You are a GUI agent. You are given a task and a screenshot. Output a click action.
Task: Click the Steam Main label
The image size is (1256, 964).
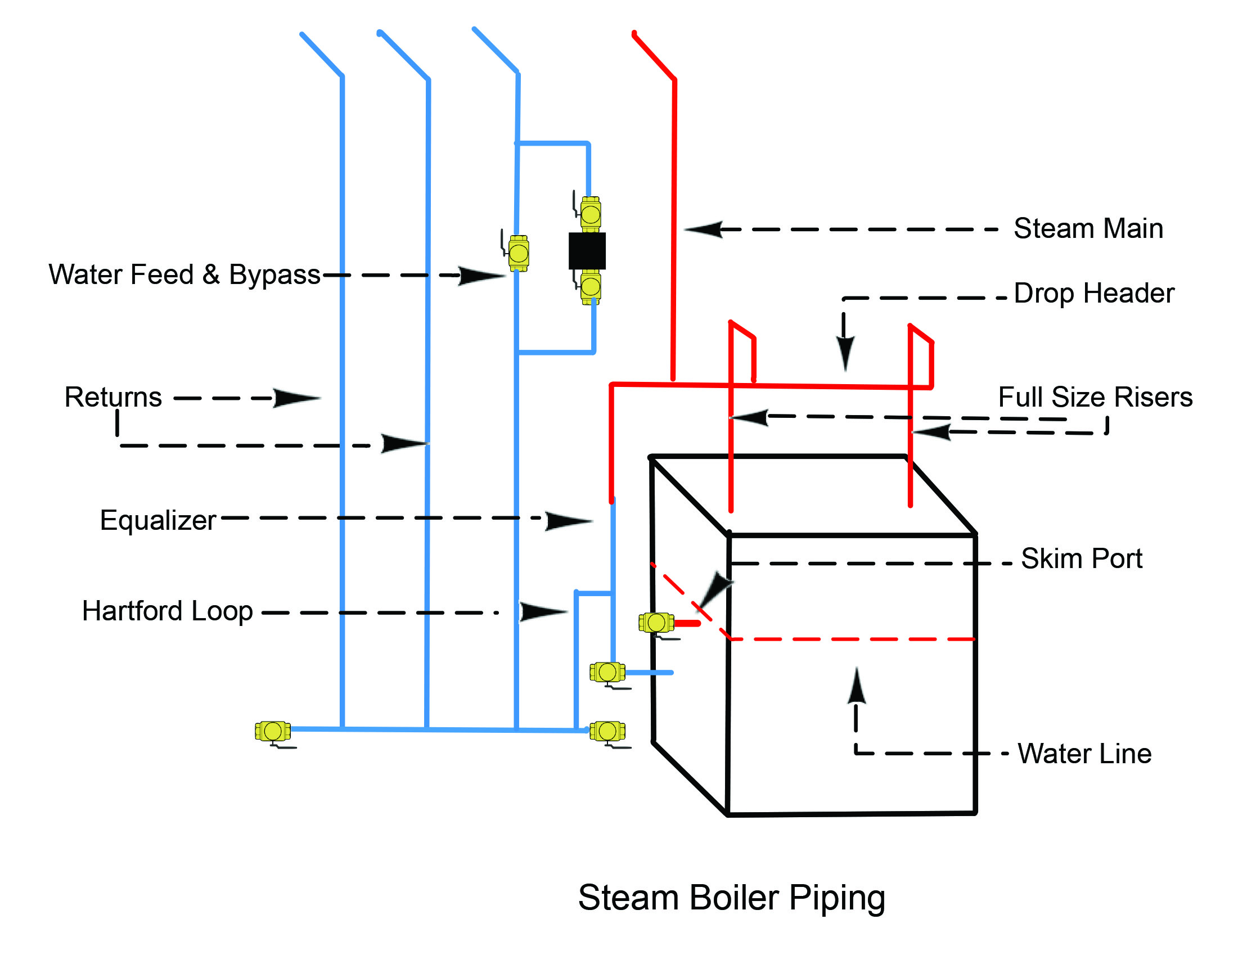coord(1087,228)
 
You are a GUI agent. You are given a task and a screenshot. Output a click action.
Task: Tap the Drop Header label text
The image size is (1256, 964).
coord(1093,293)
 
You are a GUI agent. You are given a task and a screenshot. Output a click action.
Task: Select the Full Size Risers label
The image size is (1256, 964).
coord(1095,397)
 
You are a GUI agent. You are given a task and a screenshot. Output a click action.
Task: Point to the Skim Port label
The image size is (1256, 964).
coord(1081,558)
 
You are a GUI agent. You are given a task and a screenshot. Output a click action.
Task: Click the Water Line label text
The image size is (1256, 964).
coord(1084,754)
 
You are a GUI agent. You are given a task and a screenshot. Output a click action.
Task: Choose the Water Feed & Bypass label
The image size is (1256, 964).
coord(184,274)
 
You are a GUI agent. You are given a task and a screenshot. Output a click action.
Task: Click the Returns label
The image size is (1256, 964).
coord(113,397)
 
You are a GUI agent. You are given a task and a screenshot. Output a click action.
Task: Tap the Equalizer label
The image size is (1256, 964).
coord(158,520)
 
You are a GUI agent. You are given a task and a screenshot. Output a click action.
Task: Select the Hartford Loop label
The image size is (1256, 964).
coord(167,611)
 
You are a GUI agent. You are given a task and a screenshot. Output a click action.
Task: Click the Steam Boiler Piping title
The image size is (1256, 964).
coord(731,898)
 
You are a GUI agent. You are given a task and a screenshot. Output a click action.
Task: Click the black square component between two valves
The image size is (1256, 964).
coord(587,251)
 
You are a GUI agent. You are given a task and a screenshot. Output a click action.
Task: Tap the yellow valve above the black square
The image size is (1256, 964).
coord(590,215)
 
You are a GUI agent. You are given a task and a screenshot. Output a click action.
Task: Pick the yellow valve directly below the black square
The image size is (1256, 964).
coord(590,286)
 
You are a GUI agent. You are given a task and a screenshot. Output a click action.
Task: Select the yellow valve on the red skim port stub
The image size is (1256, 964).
coord(656,623)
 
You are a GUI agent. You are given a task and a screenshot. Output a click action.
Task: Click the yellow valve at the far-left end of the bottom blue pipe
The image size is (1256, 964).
coord(273,732)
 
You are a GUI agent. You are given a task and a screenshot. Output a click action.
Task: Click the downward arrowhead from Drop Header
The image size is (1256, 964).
coord(844,352)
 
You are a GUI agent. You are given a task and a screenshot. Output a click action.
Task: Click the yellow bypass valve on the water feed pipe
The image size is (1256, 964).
coord(518,253)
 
